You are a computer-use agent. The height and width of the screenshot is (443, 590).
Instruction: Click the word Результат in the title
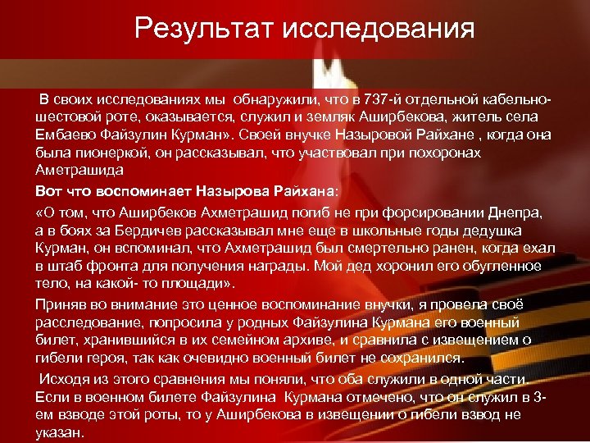pos(204,29)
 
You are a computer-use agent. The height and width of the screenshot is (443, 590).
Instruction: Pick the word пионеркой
pos(104,153)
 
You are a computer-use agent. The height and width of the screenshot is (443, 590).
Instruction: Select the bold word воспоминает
pos(152,191)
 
